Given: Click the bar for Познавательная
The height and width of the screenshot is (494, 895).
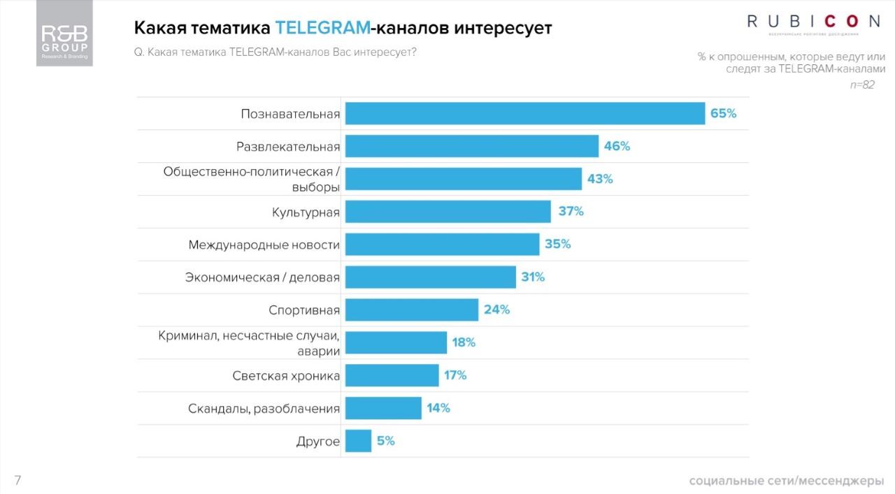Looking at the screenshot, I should coord(525,113).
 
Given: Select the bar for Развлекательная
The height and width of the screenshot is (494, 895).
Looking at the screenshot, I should coord(472,146).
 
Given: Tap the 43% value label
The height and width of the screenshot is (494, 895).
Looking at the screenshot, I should coord(600,179).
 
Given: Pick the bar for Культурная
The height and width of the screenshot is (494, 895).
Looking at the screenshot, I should coord(448,212).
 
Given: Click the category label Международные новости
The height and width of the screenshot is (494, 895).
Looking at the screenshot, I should coord(264,245).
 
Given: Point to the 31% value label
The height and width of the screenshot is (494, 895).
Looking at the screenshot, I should coord(533,277).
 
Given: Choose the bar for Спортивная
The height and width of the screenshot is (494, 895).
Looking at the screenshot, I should coord(412,310).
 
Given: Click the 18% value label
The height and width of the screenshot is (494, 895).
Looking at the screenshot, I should coord(464,342).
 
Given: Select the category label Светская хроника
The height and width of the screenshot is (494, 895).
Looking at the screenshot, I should coord(286,376).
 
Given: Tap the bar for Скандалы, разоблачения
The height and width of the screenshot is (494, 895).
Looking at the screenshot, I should coord(383,408).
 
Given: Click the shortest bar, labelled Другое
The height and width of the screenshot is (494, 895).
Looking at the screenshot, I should coord(358,441).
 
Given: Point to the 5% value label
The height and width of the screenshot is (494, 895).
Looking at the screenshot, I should coord(385,441).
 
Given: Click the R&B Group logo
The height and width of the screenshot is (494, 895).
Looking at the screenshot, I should coord(64,34).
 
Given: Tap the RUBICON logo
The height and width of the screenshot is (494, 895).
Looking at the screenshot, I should coord(813,22).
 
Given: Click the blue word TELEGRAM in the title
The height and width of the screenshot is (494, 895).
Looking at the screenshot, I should coord(322,28).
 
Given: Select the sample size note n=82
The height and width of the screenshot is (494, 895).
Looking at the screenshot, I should coord(861,85).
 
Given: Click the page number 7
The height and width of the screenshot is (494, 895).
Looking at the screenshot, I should coord(17,480).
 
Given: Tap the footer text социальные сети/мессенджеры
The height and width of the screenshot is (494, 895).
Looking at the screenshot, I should coord(786,481).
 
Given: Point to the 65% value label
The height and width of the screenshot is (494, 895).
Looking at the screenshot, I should coord(723,113).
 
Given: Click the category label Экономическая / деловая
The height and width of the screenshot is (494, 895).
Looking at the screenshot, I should coord(262,277).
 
